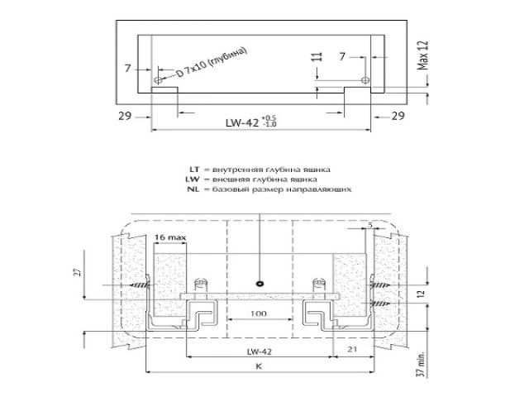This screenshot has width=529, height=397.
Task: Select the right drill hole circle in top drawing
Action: pyautogui.click(x=365, y=80)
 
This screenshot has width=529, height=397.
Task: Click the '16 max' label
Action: pyautogui.click(x=169, y=238)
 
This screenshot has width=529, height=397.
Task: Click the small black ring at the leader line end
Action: pyautogui.click(x=260, y=283)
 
